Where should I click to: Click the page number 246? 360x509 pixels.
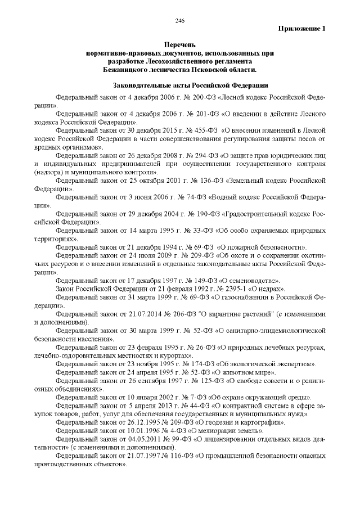click(180, 21)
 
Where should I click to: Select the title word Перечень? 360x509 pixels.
click(179, 44)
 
